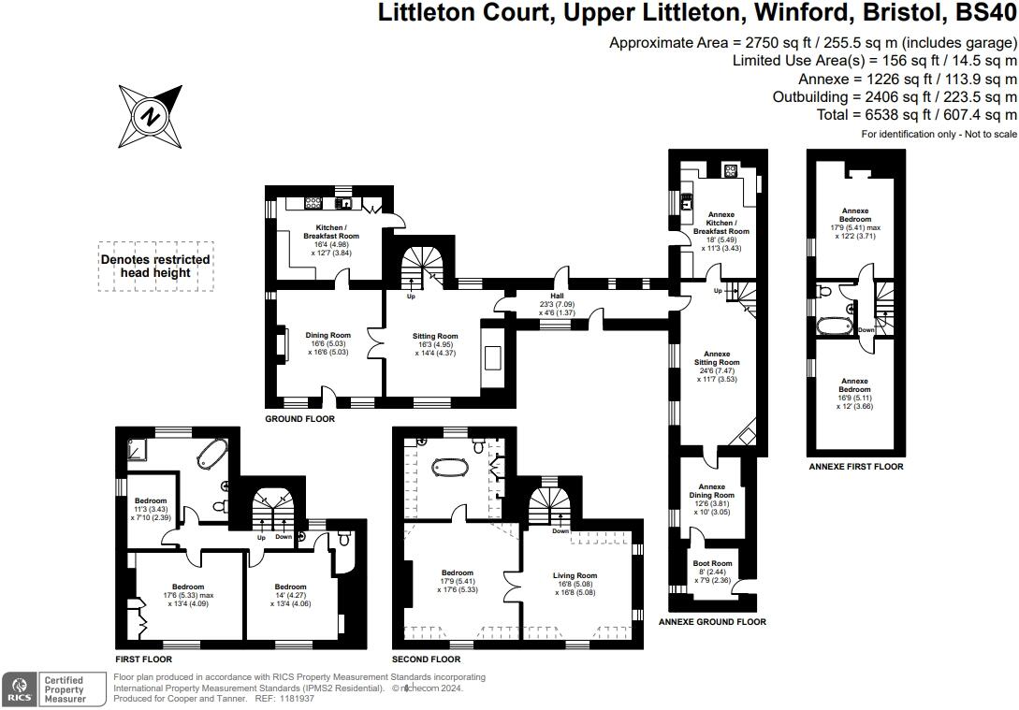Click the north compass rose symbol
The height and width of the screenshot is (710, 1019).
151,117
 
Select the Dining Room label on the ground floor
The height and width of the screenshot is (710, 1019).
328,335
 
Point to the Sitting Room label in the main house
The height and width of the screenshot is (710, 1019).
435,336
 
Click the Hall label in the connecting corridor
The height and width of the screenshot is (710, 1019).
557,296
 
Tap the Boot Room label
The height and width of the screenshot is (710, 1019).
712,563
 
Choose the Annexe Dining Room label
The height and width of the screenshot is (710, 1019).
711,490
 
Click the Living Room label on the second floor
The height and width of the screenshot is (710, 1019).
575,575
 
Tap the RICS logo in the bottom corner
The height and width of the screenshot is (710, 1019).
20,689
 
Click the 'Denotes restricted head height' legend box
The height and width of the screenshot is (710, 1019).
155,267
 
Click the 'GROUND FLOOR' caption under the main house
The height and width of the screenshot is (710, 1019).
300,419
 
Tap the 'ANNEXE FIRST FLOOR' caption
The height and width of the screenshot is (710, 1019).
856,467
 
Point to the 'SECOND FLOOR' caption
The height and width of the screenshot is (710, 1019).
427,659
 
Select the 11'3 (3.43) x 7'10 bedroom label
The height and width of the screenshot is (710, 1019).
151,509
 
